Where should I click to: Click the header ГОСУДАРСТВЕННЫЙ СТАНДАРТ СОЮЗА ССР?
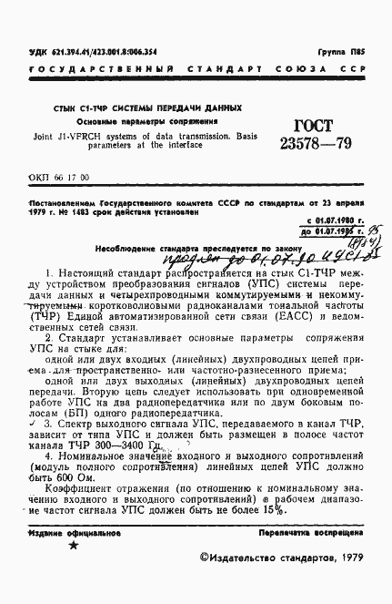(195, 70)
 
